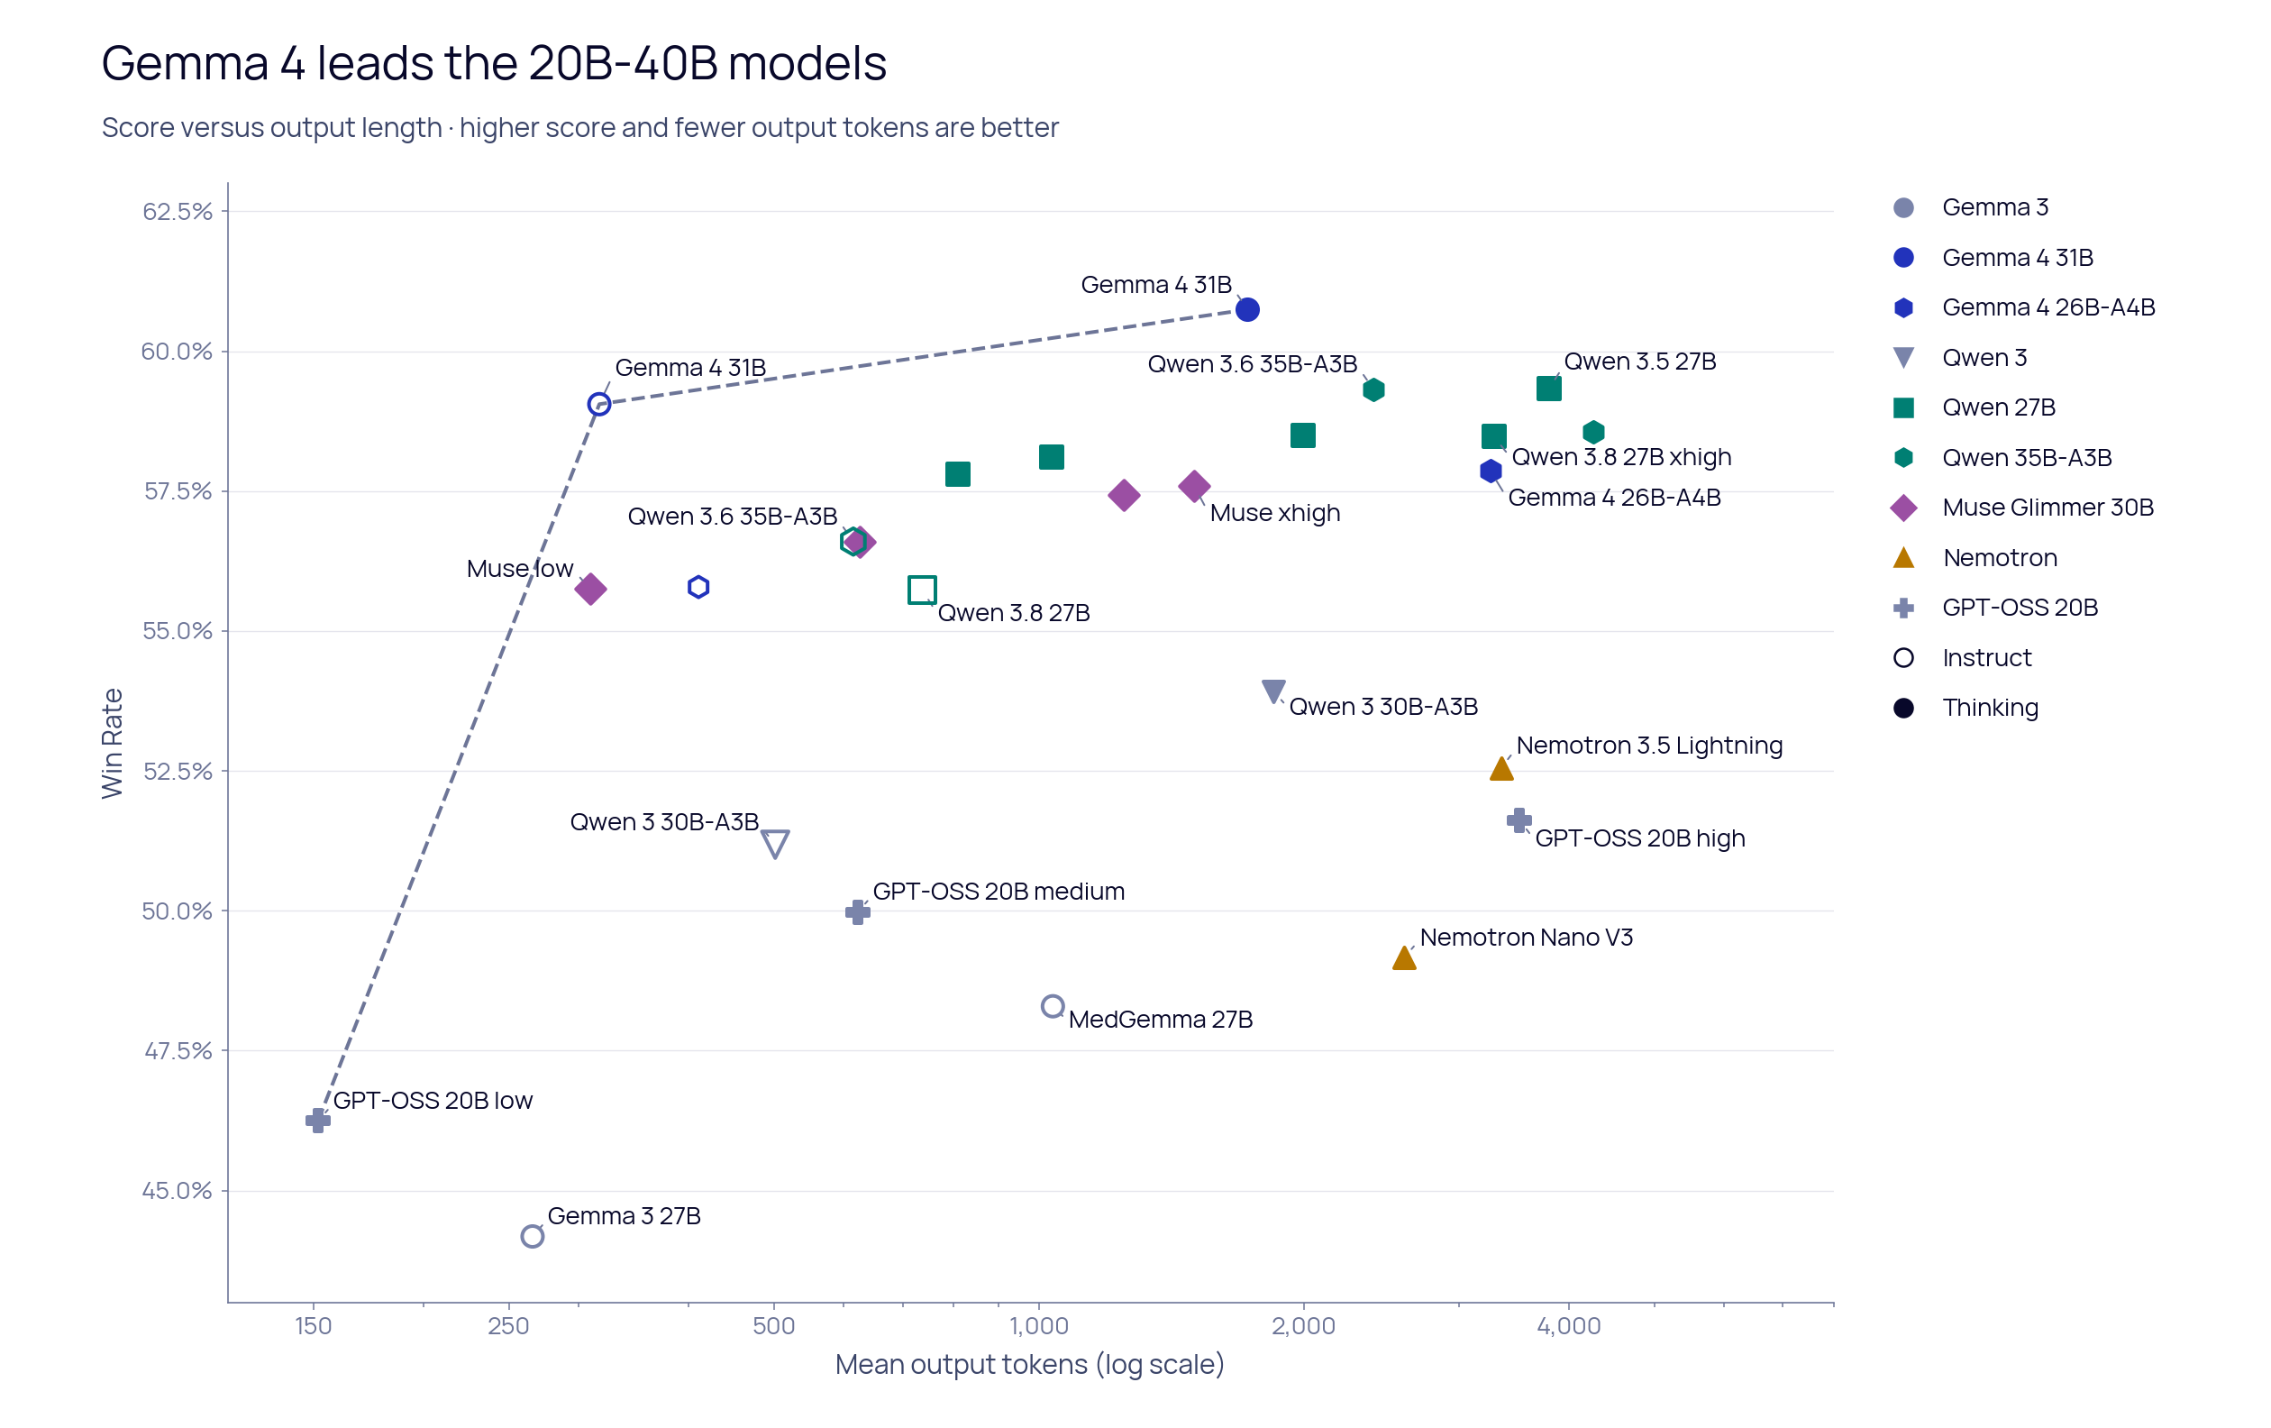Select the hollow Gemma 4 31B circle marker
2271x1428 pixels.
[x=599, y=393]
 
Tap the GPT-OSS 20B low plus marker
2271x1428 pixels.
[x=318, y=1121]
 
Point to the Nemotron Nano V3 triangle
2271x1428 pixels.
[x=1403, y=958]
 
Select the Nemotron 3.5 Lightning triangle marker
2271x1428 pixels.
[x=1501, y=769]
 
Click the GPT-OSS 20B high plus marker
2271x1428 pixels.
[x=1519, y=819]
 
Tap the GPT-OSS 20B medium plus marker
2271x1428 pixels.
[x=857, y=912]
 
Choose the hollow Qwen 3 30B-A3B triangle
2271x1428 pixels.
[x=775, y=833]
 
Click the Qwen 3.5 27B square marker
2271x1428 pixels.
[x=1548, y=389]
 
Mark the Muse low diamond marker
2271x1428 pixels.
[x=590, y=590]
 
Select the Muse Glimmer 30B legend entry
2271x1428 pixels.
[x=2022, y=508]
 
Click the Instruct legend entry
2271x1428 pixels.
[x=1962, y=657]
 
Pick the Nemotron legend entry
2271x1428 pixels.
[x=1974, y=557]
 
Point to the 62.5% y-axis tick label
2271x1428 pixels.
[x=178, y=211]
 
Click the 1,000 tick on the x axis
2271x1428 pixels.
[x=1038, y=1326]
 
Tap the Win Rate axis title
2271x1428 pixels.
[x=113, y=743]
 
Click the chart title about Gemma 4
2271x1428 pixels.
[x=494, y=63]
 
